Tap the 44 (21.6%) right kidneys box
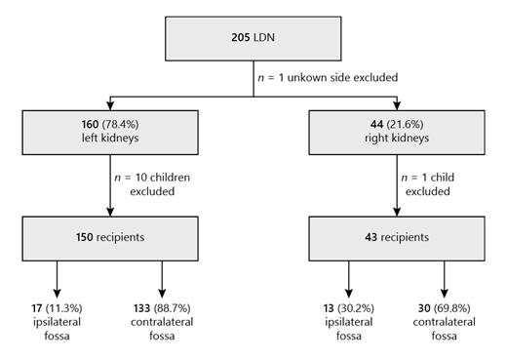click(397, 132)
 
